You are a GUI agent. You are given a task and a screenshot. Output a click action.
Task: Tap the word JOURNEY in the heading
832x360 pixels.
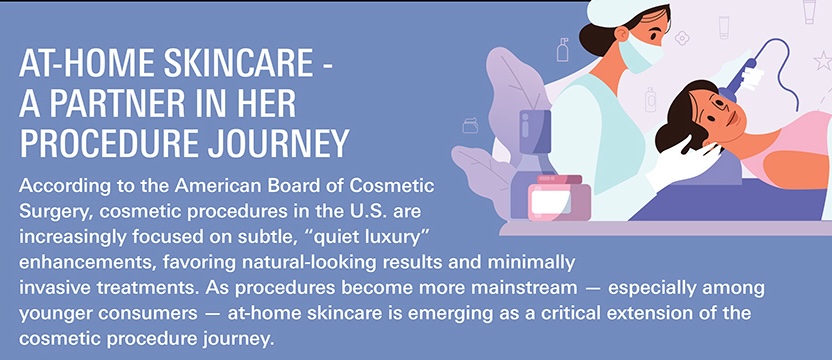click(278, 142)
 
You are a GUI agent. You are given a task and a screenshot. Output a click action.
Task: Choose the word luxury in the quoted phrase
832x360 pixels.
click(396, 238)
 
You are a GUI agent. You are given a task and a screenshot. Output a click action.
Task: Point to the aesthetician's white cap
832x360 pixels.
click(623, 13)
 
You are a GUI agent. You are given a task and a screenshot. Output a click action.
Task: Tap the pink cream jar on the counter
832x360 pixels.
click(559, 198)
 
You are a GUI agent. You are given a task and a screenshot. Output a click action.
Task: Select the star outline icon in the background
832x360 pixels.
click(823, 61)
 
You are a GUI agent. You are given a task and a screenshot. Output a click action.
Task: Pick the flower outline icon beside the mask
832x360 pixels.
click(682, 38)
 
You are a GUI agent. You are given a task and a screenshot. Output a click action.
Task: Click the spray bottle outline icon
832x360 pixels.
click(562, 49)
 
